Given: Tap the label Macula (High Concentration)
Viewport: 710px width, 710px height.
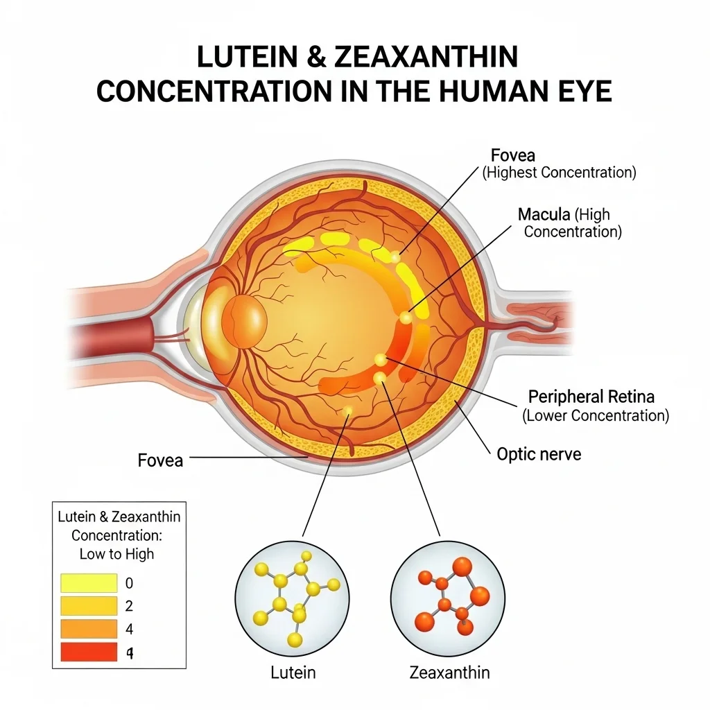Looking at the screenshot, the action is click(x=570, y=223).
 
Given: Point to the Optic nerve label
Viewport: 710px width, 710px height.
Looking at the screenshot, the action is click(x=539, y=454).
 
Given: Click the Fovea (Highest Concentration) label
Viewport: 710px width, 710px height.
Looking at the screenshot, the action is click(x=560, y=164).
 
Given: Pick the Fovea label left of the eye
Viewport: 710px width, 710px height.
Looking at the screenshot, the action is click(x=160, y=460).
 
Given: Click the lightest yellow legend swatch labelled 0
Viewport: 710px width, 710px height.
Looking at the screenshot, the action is click(x=89, y=583).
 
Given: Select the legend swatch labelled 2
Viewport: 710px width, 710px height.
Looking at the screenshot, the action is click(x=89, y=606).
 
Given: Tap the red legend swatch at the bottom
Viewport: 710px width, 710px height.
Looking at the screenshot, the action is click(x=89, y=652).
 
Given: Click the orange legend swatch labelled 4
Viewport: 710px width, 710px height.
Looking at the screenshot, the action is click(x=89, y=629).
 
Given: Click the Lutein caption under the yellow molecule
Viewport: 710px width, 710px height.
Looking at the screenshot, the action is click(x=293, y=673).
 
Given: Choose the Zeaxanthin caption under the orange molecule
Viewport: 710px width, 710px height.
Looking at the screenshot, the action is click(x=449, y=673).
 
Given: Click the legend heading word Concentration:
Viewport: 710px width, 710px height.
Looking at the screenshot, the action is click(x=116, y=535).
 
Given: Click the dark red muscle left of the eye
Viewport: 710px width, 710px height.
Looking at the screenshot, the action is click(x=113, y=338).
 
